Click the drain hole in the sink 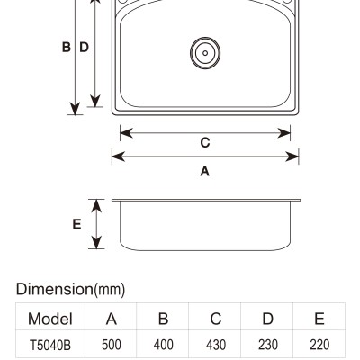205,53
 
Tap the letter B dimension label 67,48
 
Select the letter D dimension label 84,48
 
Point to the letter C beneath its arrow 205,143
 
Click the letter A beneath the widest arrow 205,171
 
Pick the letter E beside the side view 77,224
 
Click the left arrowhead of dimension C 126,133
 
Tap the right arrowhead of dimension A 292,157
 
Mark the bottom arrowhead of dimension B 75,109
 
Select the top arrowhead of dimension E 96,206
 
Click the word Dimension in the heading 55,289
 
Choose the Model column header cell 50,319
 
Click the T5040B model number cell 50,345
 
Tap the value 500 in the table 112,345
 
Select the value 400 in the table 164,345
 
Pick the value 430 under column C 216,345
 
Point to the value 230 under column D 268,345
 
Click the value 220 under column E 319,345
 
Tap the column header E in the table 319,319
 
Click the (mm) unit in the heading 110,290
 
